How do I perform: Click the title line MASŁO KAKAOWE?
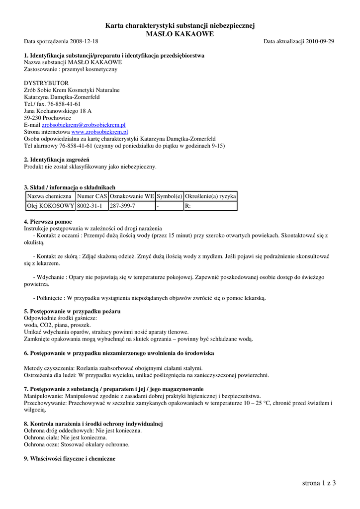pos(180,34)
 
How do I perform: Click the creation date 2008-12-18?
pos(83,41)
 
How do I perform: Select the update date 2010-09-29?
pos(320,41)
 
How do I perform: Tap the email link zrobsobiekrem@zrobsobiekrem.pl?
pos(84,125)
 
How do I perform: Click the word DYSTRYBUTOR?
pos(46,83)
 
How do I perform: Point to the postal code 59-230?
pos(33,118)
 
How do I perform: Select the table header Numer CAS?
pos(92,196)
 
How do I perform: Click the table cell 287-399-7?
pos(122,206)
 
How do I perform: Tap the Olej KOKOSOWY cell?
pos(50,206)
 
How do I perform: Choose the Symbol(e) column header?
pos(170,196)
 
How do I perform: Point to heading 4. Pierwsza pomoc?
pos(48,221)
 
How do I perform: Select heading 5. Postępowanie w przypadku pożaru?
pos(72,311)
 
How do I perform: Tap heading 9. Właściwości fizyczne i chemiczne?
pos(70,459)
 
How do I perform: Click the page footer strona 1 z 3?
pos(319,483)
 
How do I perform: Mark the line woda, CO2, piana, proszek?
pos(57,325)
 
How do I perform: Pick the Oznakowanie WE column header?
pos(132,196)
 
